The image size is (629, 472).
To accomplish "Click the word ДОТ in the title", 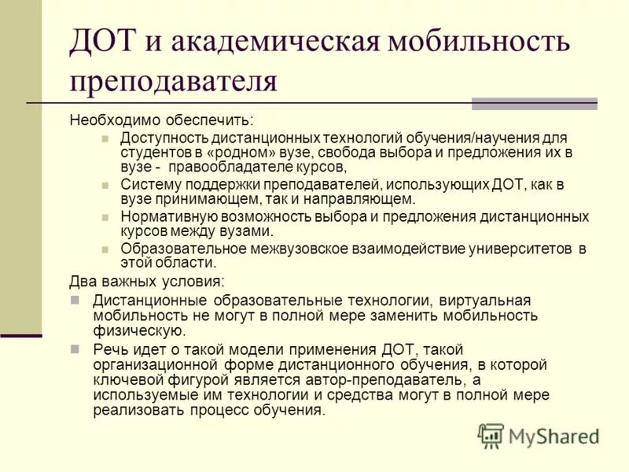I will pyautogui.click(x=101, y=42).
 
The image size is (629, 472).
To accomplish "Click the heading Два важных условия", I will pyautogui.click(x=145, y=281).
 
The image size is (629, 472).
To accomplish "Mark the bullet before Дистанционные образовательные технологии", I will pyautogui.click(x=75, y=301).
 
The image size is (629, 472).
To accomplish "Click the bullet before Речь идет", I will pyautogui.click(x=75, y=349).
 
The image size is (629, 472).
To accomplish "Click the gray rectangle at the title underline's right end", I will pyautogui.click(x=534, y=104).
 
